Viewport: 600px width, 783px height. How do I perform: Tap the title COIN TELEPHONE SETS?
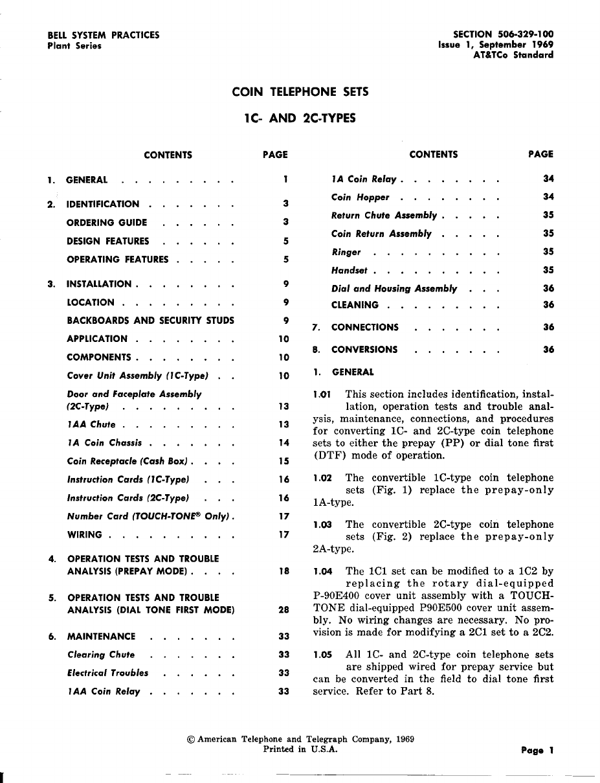click(300, 92)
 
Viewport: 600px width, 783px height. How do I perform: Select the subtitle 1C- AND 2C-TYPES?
click(300, 119)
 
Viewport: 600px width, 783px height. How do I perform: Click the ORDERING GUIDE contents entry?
click(107, 223)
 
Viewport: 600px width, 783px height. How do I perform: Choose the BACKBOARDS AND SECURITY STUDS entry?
click(150, 321)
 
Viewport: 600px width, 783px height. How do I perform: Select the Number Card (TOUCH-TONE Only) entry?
click(148, 517)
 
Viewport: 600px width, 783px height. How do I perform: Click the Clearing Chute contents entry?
click(101, 655)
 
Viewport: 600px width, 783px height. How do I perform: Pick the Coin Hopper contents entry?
click(360, 197)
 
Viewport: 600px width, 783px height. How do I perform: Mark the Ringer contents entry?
click(346, 252)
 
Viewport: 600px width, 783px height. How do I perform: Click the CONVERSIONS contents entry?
click(364, 350)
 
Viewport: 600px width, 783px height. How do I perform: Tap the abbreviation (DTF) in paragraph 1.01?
click(329, 456)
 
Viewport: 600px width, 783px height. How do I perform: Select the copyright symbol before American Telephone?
click(191, 739)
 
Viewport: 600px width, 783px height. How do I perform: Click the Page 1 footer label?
click(537, 751)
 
